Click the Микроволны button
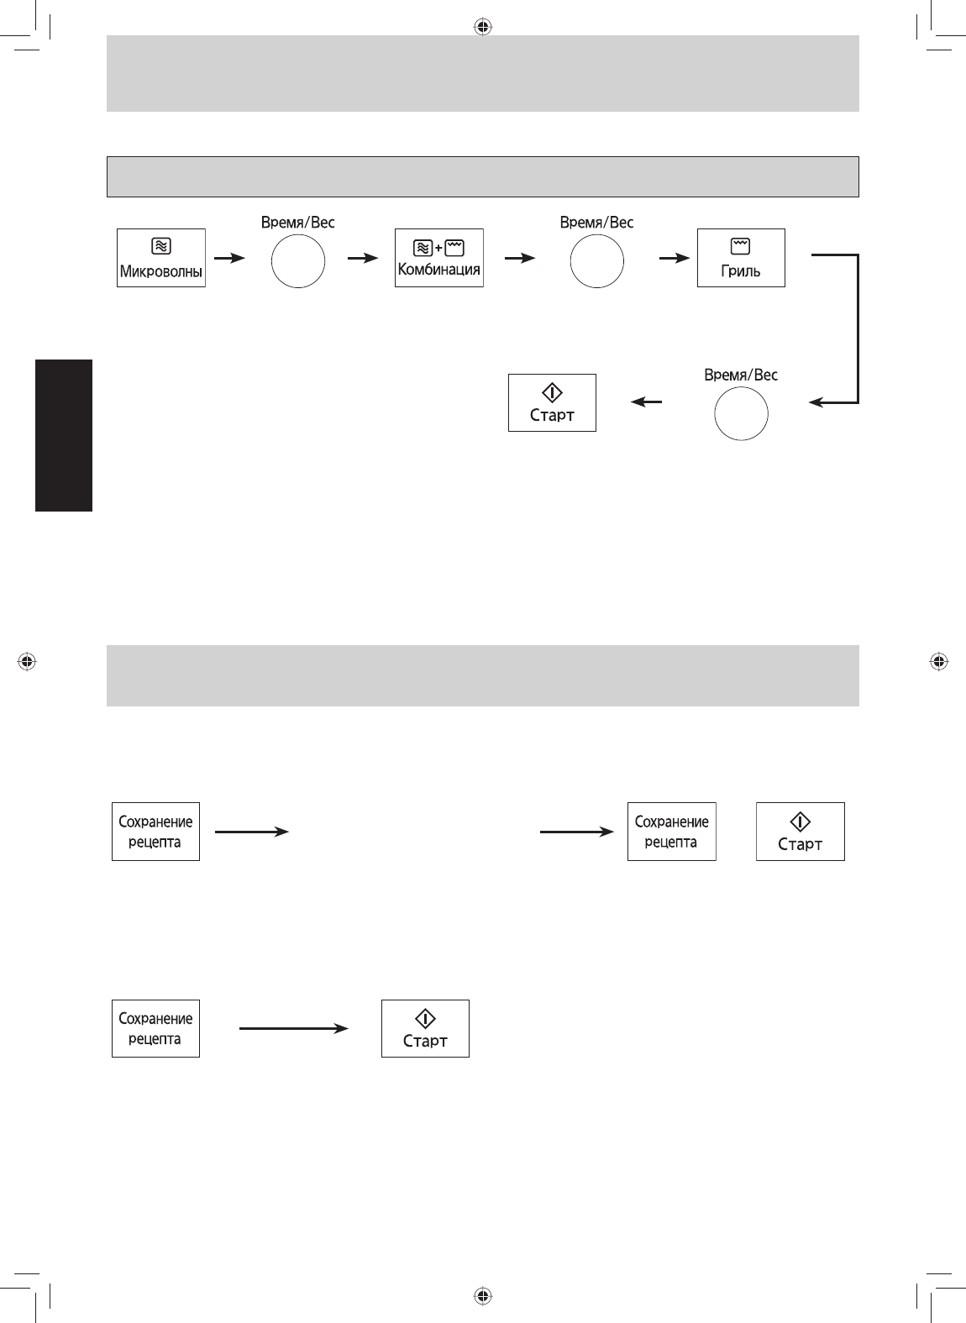pos(160,258)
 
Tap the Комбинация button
pos(438,258)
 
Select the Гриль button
pos(741,258)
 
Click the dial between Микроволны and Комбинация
pos(298,260)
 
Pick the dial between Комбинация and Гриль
pos(596,260)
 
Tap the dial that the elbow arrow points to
pos(741,413)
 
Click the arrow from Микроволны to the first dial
pos(229,258)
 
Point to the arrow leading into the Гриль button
pos(674,258)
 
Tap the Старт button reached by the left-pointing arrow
pos(552,402)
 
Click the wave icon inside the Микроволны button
pos(161,246)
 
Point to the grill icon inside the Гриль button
pos(741,246)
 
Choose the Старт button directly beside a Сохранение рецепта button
pos(800,832)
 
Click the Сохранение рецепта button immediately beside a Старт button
pos(671,832)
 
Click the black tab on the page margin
pos(64,435)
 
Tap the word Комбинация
pos(438,270)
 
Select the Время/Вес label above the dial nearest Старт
pos(741,375)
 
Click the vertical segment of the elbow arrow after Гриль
pos(858,328)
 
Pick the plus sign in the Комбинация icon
pos(438,247)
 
